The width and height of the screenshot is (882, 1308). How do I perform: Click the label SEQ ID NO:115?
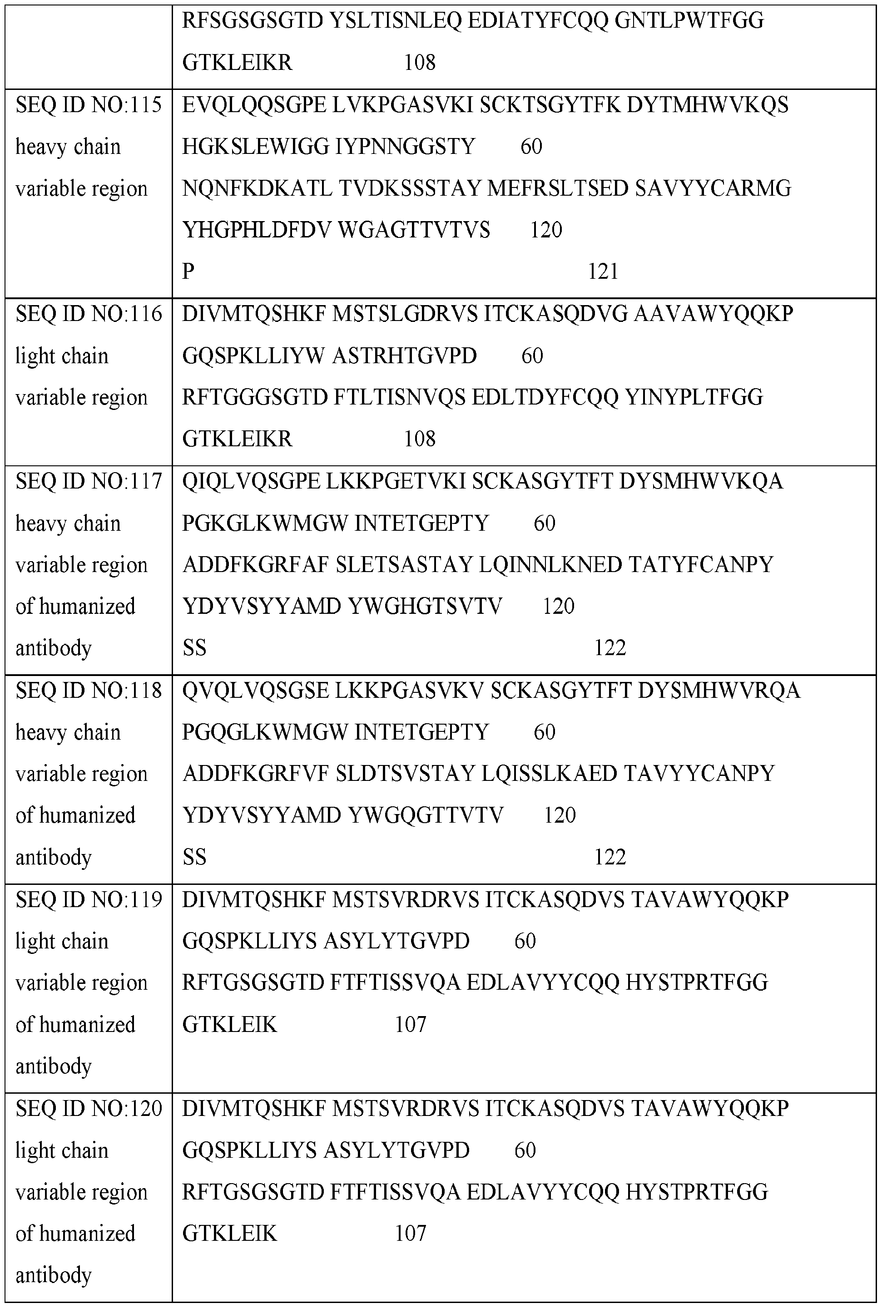click(88, 104)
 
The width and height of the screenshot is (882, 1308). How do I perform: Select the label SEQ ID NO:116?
click(88, 314)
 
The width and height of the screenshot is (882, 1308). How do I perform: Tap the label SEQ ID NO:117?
click(88, 481)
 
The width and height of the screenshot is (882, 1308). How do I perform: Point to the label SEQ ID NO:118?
click(88, 691)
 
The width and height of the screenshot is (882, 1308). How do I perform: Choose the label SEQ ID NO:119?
click(88, 900)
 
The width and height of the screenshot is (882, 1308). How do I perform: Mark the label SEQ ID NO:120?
click(88, 1108)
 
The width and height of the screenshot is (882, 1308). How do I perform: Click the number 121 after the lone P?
click(603, 271)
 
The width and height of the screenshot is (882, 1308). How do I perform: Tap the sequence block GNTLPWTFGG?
click(689, 21)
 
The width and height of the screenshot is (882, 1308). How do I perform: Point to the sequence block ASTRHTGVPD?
click(404, 356)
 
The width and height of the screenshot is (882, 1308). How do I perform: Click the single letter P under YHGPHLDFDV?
click(188, 271)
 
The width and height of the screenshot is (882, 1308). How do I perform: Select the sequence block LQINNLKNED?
click(550, 565)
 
